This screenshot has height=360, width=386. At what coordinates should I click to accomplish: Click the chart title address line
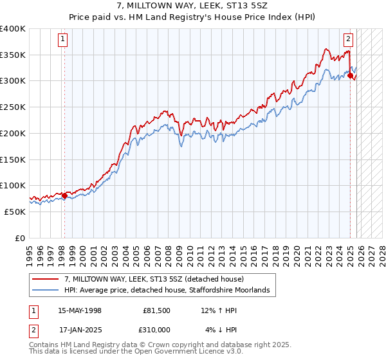pos(192,6)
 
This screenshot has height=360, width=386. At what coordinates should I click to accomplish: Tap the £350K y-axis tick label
pos(13,55)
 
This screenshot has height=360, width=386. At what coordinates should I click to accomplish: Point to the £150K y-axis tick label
pos(13,159)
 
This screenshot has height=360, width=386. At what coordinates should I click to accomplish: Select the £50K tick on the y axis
pos(15,212)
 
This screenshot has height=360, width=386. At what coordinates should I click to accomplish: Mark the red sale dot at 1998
pos(64,195)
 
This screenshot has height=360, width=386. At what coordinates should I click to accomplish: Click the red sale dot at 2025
pos(351,76)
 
